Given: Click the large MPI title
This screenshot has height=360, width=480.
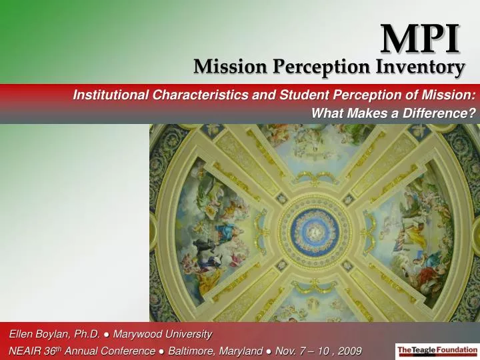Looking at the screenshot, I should coord(421,39).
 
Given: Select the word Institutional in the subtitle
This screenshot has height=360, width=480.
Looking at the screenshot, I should coord(111,95).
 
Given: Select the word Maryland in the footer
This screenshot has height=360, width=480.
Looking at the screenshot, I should coord(239,351).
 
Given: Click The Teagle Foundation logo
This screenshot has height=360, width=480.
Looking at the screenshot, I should coord(436,349).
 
